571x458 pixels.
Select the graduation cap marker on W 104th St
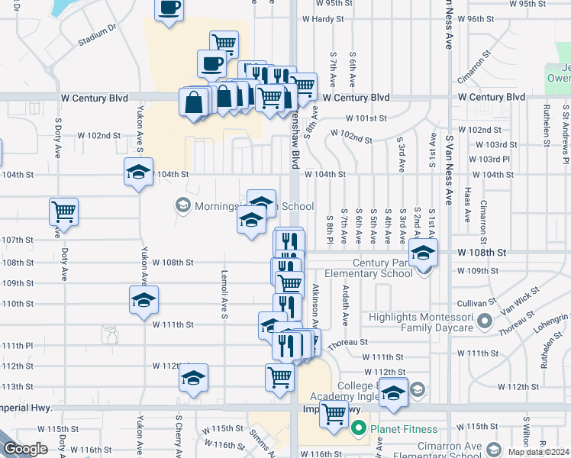point(138,172)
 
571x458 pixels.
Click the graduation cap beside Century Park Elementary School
point(424,251)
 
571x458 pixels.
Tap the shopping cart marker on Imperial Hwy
point(334,414)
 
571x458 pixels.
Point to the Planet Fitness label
point(404,429)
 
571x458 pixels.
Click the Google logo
point(26,449)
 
